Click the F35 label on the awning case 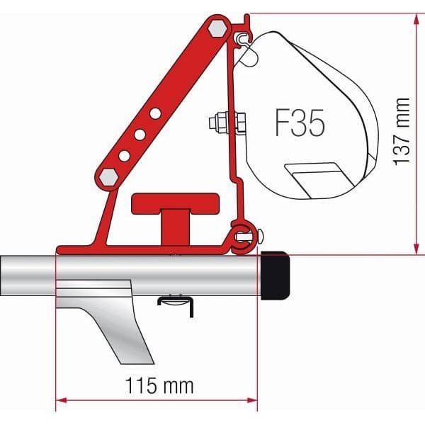tap(299, 123)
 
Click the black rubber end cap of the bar tap(277, 277)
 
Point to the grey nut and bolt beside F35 tap(227, 123)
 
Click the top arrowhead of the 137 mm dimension tap(414, 18)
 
